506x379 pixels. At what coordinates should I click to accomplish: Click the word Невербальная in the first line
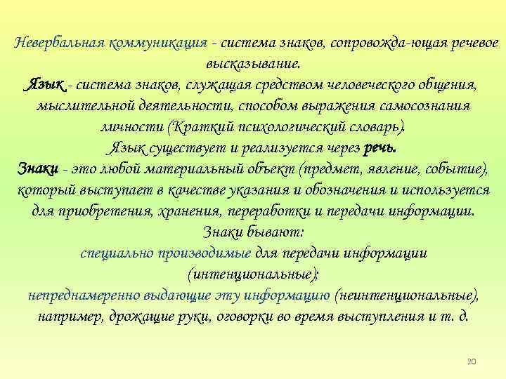coord(60,41)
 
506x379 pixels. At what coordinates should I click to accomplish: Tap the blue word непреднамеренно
coord(78,295)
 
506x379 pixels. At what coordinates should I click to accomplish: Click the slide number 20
coord(471,361)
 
